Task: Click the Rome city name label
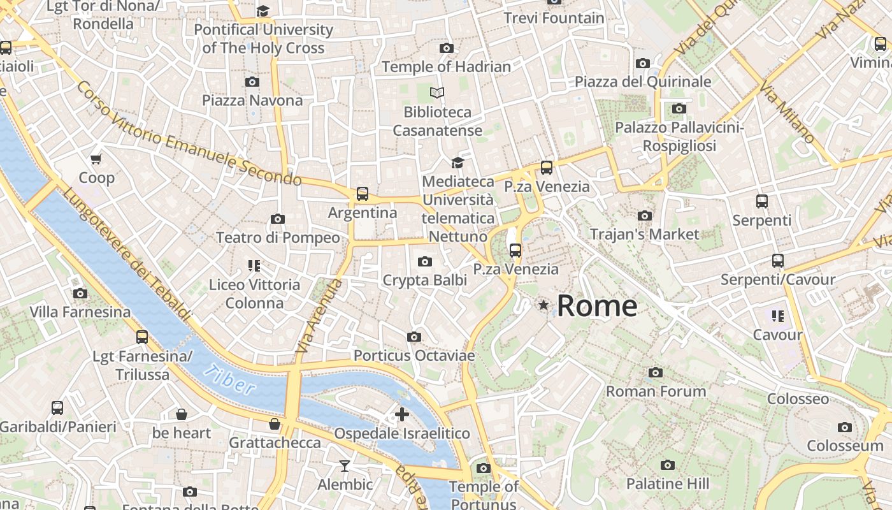[x=597, y=306]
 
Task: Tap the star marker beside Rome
[x=543, y=305]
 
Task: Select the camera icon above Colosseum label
[x=845, y=427]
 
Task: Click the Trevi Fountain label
[x=554, y=18]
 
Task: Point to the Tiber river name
[x=231, y=379]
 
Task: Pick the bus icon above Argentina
[x=362, y=194]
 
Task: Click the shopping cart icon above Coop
[x=96, y=159]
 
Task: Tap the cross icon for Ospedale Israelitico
[x=402, y=414]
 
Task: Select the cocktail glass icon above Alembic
[x=345, y=466]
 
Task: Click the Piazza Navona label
[x=252, y=101]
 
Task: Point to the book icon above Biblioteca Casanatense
[x=437, y=93]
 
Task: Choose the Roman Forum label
[x=656, y=391]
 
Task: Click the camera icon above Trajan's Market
[x=645, y=215]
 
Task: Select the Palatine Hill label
[x=667, y=484]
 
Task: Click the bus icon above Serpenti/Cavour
[x=777, y=261]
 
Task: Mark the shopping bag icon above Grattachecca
[x=275, y=424]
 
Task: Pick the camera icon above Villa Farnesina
[x=80, y=293]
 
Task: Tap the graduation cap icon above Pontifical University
[x=263, y=11]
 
